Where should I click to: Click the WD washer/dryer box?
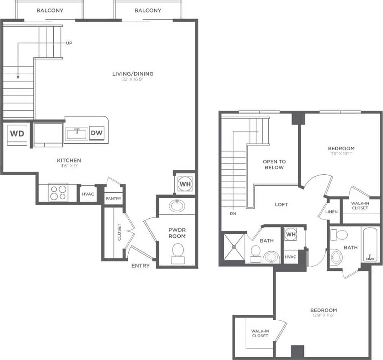click(x=17, y=134)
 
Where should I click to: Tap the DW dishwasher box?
click(x=97, y=133)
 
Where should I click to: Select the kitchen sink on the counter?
click(x=76, y=133)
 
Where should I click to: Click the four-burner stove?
click(x=57, y=193)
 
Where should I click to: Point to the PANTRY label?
click(x=113, y=199)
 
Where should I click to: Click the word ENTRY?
click(x=140, y=266)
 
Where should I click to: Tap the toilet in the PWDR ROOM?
click(x=177, y=250)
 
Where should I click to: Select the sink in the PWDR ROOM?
click(x=177, y=206)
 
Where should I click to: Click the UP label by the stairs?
click(x=69, y=43)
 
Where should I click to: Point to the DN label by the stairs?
click(x=233, y=213)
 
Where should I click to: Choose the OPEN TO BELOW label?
click(x=274, y=165)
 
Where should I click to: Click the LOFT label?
click(x=281, y=204)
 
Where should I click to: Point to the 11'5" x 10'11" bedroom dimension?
click(x=341, y=154)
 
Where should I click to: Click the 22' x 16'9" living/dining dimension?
click(x=133, y=79)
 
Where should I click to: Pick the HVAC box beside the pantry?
click(x=88, y=194)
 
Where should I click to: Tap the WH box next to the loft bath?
click(x=291, y=235)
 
